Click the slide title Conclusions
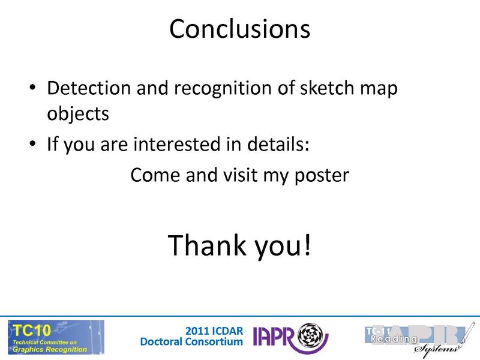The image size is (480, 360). pyautogui.click(x=239, y=29)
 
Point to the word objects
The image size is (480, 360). pyautogui.click(x=78, y=114)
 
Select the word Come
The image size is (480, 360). pyautogui.click(x=154, y=175)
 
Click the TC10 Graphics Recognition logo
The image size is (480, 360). pyautogui.click(x=55, y=337)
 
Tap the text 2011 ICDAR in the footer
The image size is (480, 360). pyautogui.click(x=214, y=331)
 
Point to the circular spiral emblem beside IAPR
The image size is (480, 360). pyautogui.click(x=312, y=335)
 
